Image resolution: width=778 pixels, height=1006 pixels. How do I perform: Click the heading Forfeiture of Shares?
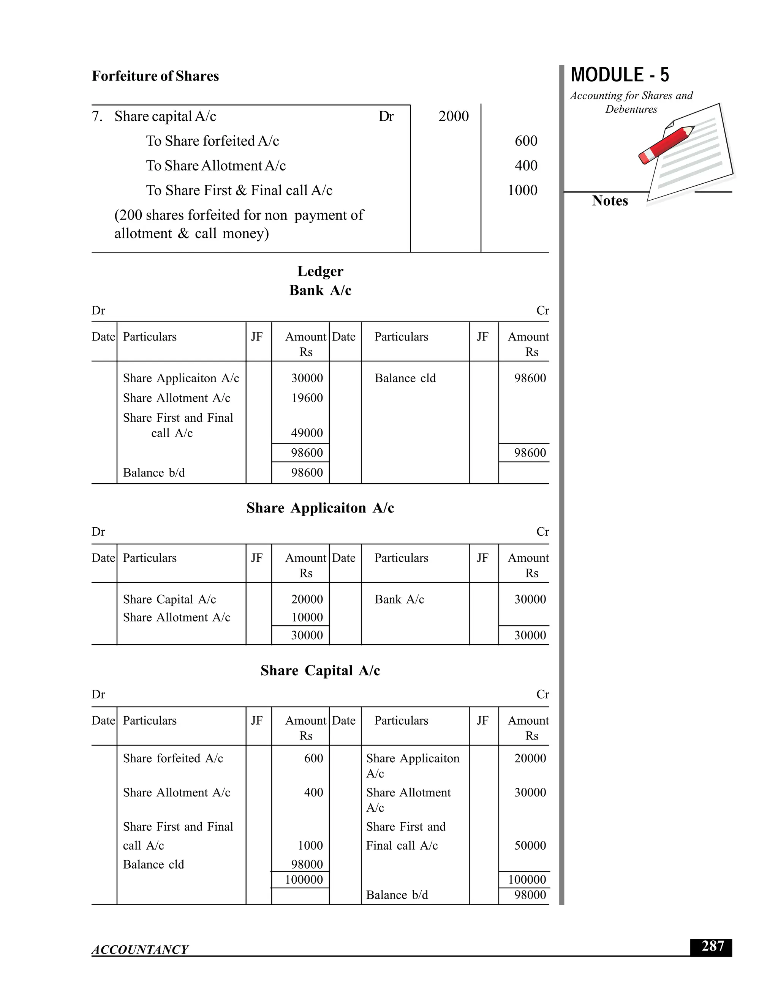coord(155,76)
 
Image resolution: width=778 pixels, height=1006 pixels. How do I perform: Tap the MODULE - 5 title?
coord(620,75)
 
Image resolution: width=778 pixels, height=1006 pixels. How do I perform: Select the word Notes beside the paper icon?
coord(609,201)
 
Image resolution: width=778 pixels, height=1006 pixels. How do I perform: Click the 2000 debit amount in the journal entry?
coord(453,116)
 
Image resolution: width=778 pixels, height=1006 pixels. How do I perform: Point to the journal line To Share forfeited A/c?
coord(212,141)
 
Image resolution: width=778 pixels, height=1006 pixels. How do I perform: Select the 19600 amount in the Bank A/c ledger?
coord(307,398)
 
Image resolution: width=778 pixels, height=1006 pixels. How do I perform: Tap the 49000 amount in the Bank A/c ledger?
coord(307,433)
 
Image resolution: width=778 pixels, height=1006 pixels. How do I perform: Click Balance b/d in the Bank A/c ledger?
coord(153,473)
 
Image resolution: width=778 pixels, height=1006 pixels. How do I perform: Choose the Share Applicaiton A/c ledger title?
coord(320,508)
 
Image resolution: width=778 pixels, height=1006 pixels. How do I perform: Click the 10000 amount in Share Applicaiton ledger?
coord(307,617)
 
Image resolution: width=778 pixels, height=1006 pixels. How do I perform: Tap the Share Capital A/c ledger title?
coord(320,671)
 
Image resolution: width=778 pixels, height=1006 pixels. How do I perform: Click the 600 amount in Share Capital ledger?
coord(313,758)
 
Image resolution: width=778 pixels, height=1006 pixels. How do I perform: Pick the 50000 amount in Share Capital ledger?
coord(530,845)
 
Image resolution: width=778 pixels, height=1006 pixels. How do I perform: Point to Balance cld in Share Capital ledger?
coord(153,864)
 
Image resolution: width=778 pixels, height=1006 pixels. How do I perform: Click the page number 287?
coord(712,946)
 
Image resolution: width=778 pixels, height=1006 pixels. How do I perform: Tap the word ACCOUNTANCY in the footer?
coord(140,949)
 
